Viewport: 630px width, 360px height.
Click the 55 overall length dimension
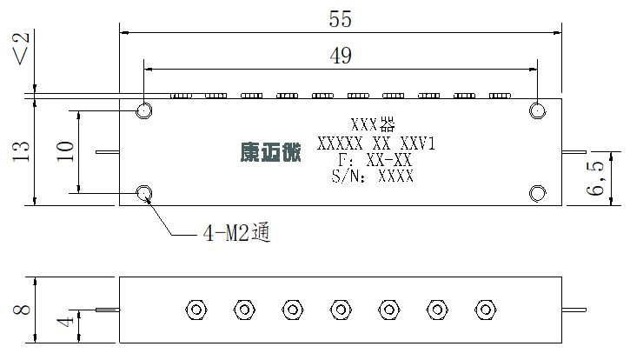[x=341, y=19]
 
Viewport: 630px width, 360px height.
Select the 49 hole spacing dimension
[x=341, y=56]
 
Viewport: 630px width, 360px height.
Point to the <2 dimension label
[x=22, y=49]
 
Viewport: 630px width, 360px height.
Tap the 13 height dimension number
[x=22, y=151]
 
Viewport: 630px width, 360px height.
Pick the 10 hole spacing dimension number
[x=65, y=151]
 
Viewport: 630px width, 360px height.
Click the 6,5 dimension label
[x=595, y=178]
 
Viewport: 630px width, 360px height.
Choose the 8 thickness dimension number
[x=22, y=310]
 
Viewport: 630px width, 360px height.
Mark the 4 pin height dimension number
[x=65, y=322]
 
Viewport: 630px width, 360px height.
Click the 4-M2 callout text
[x=236, y=232]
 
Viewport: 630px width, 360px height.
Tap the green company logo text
[x=271, y=152]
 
